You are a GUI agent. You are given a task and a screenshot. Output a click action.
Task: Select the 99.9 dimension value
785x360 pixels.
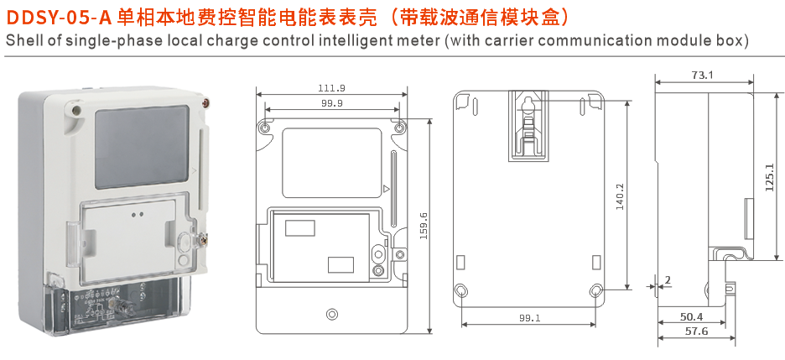(x=331, y=102)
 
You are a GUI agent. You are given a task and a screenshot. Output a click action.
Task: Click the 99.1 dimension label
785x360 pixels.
(x=529, y=318)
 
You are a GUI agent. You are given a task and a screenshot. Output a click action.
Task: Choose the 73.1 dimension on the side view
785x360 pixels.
(x=702, y=76)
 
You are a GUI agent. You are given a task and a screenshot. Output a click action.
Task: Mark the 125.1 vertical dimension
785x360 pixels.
(x=769, y=178)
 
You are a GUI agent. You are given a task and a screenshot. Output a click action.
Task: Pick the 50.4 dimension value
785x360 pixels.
(x=691, y=317)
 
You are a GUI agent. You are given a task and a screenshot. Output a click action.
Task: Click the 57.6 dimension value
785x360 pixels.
(x=695, y=331)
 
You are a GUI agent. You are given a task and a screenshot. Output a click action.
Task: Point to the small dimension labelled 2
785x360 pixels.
(x=668, y=279)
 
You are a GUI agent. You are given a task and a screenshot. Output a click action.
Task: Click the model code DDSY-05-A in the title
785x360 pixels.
(x=59, y=17)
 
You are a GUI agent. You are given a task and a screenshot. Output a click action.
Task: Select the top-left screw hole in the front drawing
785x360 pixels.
(x=266, y=129)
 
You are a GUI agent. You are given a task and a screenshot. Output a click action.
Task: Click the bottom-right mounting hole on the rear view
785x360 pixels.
(x=595, y=291)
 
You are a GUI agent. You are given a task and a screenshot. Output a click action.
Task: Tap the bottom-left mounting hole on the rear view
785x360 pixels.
(x=461, y=291)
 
